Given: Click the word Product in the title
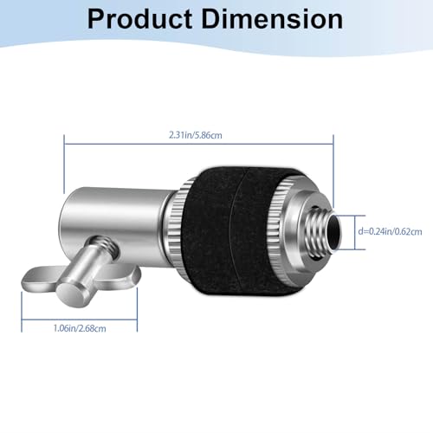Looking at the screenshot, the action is tap(139, 19).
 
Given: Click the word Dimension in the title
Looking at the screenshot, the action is tap(272, 19).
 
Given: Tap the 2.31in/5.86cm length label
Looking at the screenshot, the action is tap(196, 135).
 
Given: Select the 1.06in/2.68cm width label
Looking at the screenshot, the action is tap(80, 328).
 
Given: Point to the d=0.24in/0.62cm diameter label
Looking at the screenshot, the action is tap(390, 231).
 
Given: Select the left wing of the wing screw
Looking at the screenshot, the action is tap(37, 279).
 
